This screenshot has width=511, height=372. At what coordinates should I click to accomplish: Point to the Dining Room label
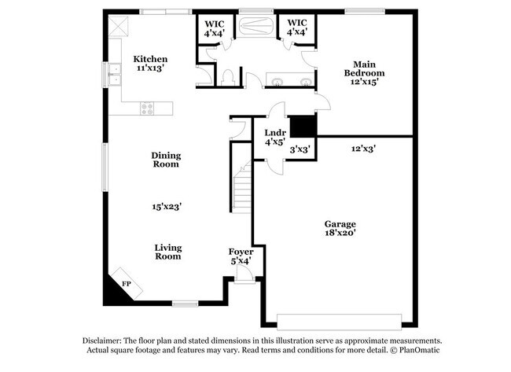coord(166,160)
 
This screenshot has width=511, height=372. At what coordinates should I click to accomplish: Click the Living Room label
coord(167,251)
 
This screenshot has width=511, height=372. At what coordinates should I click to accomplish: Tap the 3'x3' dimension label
coord(300,149)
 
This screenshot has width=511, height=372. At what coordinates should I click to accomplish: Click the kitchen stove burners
coord(147,109)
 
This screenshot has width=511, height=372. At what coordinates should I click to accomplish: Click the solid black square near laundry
coord(302,126)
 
